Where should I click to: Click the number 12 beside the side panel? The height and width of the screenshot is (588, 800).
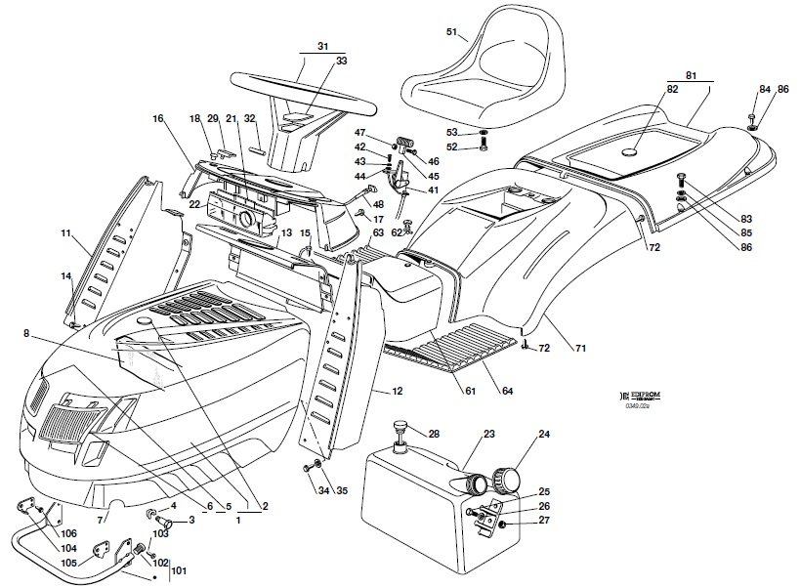point(398,391)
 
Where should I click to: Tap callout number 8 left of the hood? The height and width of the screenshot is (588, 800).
point(25,332)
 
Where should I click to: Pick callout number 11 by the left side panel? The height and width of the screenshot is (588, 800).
point(65,233)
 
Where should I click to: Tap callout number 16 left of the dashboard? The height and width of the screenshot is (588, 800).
point(157,118)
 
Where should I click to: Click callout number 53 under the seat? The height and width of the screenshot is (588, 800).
point(451,132)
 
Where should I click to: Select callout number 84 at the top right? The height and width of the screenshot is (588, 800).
point(765,90)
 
